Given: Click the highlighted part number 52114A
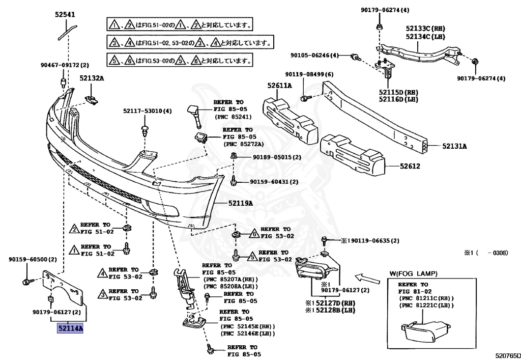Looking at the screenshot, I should click(x=69, y=329).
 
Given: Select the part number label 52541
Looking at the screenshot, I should click(x=66, y=15).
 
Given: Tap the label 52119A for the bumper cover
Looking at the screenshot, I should click(x=241, y=204).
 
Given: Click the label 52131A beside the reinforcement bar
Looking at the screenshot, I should click(x=454, y=146).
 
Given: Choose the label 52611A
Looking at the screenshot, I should click(x=280, y=86).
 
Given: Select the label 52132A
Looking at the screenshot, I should click(x=92, y=78).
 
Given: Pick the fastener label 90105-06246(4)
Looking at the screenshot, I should click(x=315, y=56).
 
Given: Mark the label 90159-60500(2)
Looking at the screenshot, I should click(x=33, y=259).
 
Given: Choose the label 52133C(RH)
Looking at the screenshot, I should click(x=425, y=29).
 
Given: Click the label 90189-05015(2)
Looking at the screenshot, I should click(x=276, y=157).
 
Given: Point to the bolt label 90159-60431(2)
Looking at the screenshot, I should click(x=274, y=182).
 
